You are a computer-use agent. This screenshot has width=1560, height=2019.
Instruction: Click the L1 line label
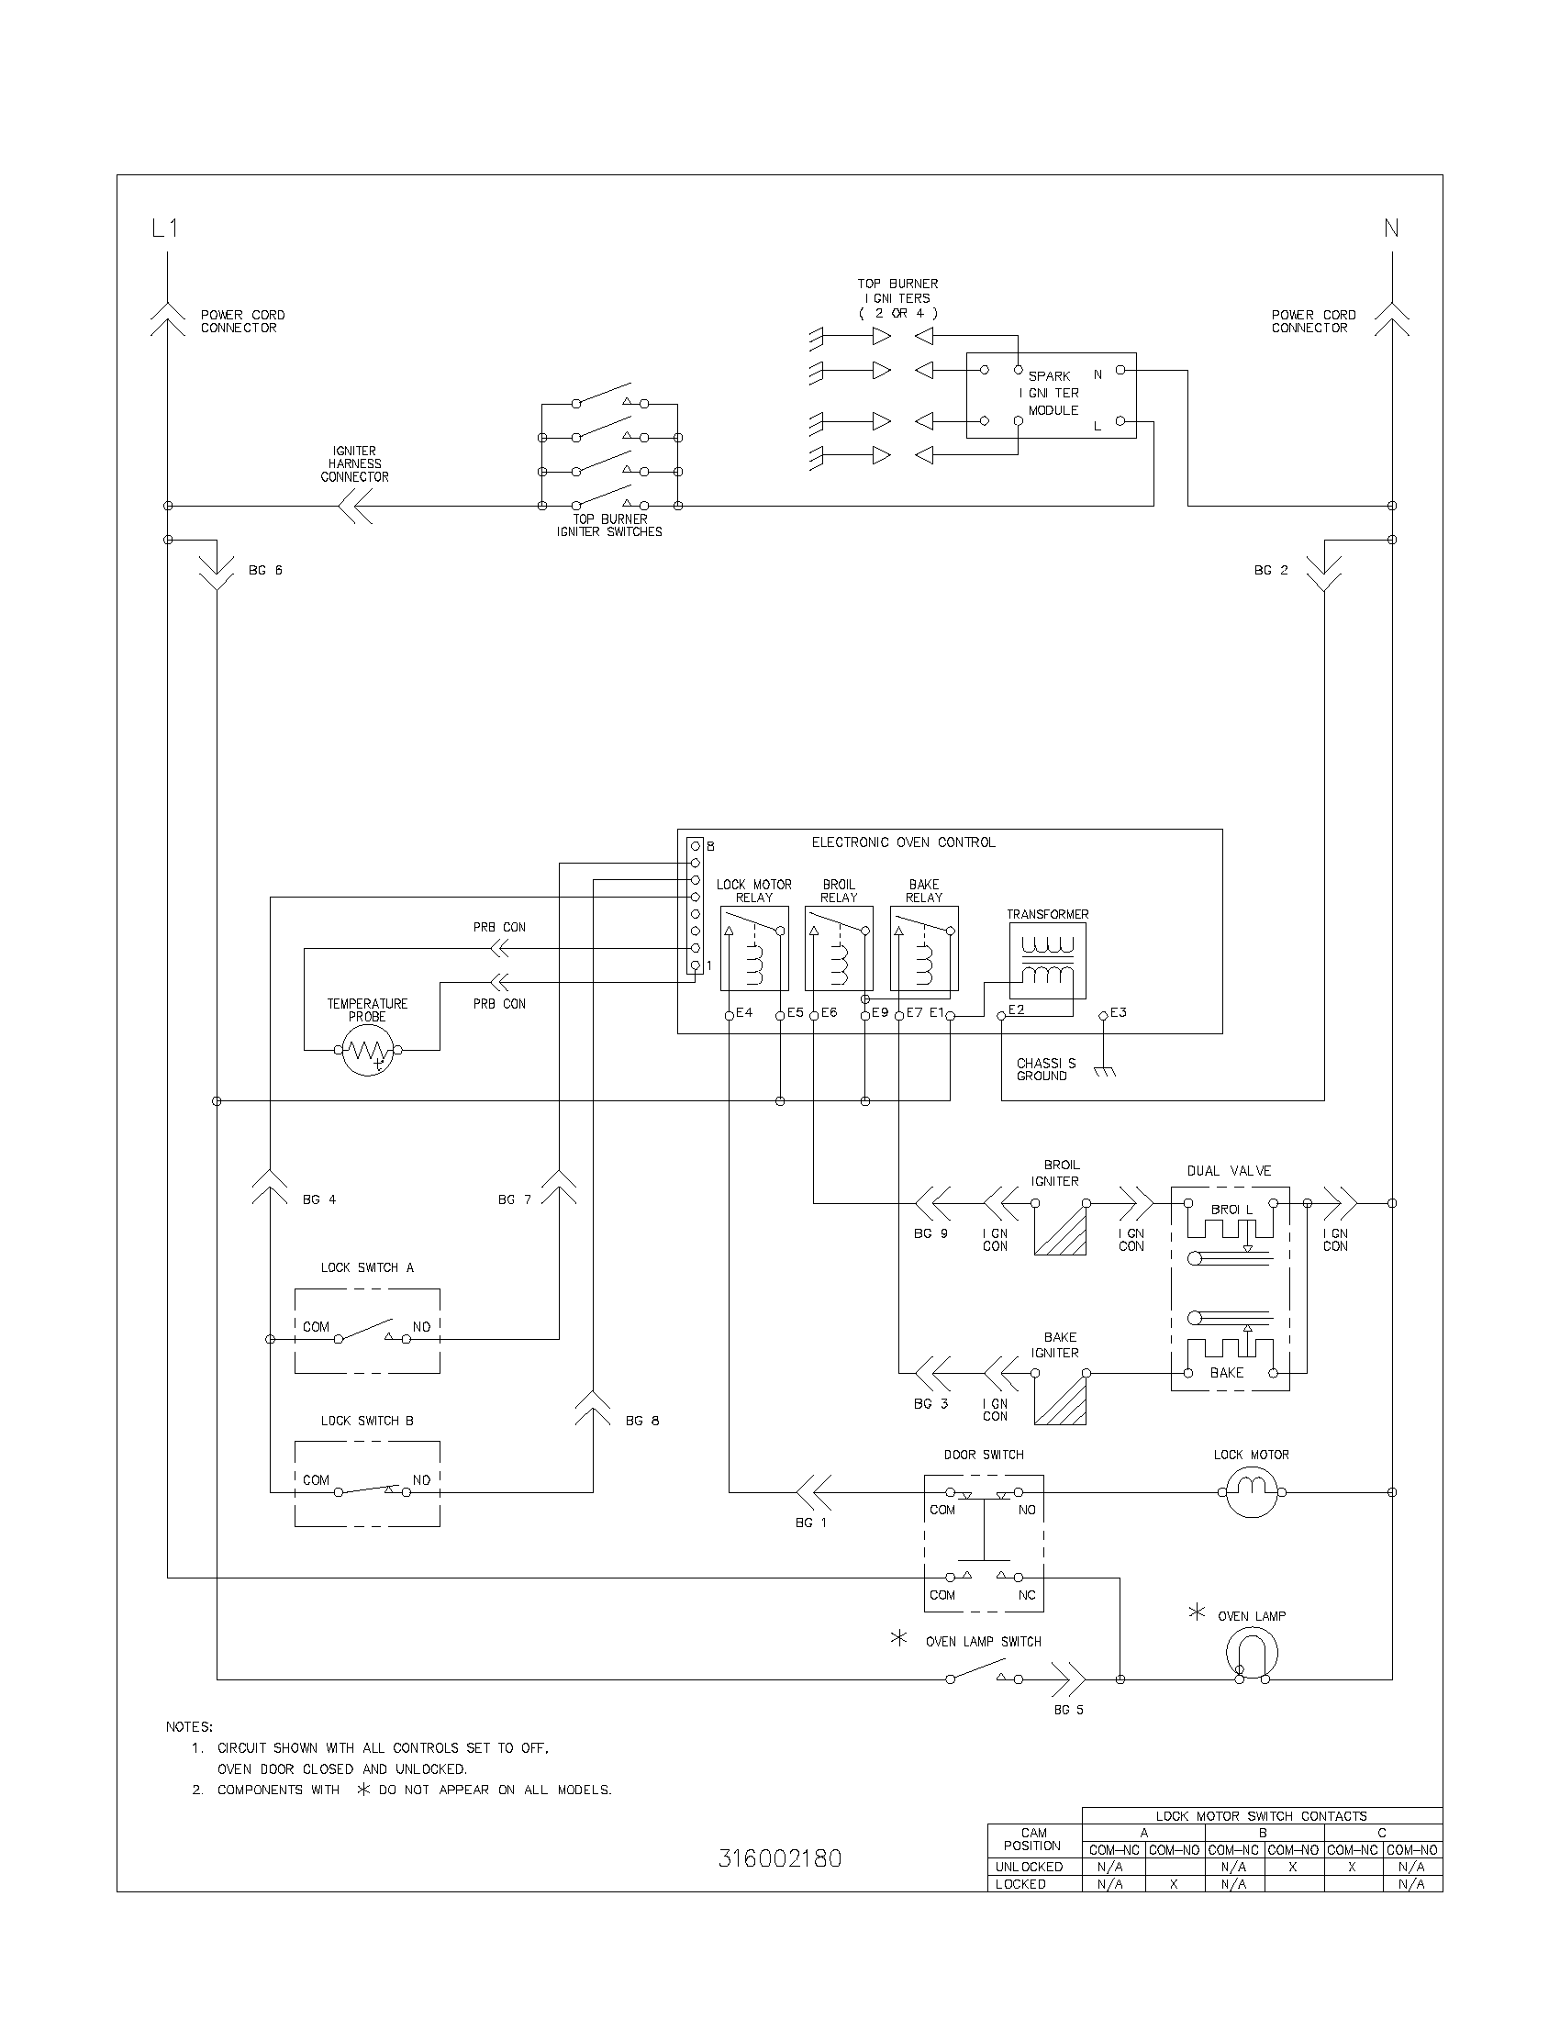point(164,229)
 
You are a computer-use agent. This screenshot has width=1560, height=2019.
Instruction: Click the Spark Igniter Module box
point(1051,395)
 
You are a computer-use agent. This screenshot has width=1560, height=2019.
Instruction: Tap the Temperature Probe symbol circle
point(368,1049)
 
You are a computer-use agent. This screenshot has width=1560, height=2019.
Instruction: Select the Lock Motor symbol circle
point(1252,1492)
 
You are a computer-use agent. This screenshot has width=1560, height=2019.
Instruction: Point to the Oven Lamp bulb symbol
point(1252,1654)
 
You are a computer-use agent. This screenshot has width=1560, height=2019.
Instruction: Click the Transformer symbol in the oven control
point(1047,961)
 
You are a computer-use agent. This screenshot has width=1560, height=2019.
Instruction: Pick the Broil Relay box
point(838,949)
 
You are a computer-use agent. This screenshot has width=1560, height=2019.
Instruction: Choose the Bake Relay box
point(923,949)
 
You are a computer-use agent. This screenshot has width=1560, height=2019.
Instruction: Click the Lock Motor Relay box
point(754,949)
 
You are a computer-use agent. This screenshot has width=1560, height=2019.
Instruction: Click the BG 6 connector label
point(265,571)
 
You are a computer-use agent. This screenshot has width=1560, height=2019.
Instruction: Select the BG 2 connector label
point(1271,571)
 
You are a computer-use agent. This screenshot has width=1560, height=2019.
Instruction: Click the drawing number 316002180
point(779,1858)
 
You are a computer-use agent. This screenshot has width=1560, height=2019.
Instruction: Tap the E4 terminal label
point(744,1012)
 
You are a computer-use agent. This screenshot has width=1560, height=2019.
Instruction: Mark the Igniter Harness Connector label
point(354,464)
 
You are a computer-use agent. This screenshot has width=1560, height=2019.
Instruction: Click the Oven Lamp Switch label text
point(983,1642)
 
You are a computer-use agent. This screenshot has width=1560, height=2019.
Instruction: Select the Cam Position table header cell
point(1033,1839)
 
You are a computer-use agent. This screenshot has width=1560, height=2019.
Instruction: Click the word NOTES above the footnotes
point(189,1726)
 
